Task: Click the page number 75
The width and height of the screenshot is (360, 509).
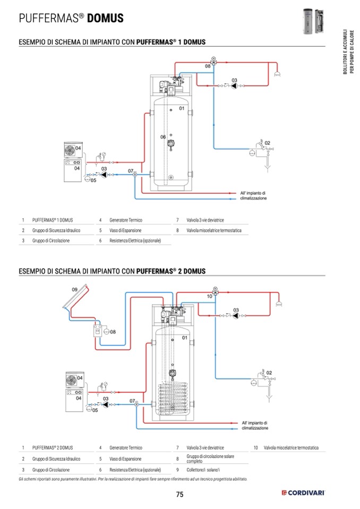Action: click(x=179, y=494)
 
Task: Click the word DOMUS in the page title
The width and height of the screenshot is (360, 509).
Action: click(x=105, y=19)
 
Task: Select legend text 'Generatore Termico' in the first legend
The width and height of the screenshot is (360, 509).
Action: click(x=126, y=220)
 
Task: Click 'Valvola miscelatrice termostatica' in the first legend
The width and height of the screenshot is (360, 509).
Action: click(x=213, y=230)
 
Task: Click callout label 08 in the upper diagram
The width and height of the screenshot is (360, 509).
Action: click(x=208, y=66)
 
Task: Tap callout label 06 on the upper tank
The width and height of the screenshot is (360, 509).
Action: click(x=164, y=137)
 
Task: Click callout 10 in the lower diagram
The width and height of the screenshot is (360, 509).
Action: click(x=209, y=297)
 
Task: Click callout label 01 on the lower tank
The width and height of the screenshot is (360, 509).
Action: click(x=185, y=338)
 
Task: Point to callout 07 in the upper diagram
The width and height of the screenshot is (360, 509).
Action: click(x=131, y=170)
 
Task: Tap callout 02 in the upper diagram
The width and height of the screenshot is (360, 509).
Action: click(x=268, y=143)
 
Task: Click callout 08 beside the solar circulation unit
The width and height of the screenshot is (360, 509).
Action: click(x=113, y=332)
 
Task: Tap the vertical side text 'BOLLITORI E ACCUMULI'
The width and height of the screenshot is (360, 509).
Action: click(x=345, y=53)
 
